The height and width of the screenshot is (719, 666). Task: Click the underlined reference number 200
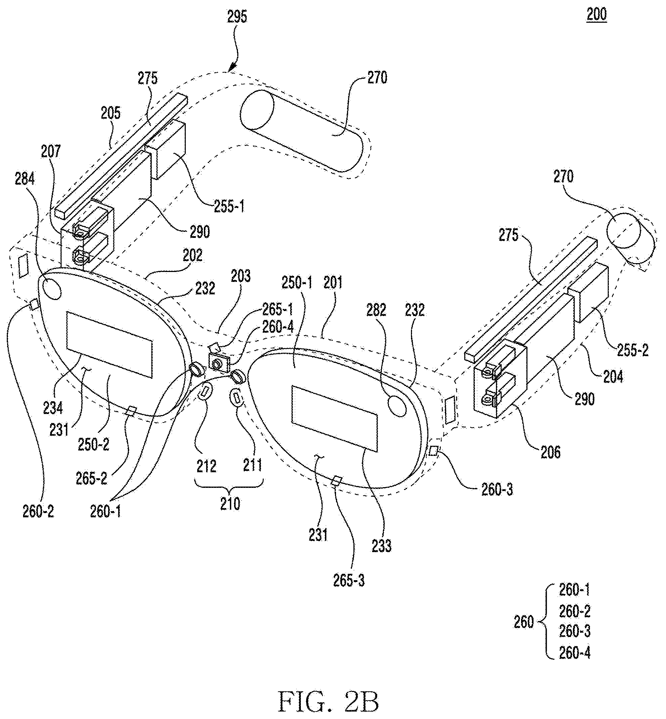[x=596, y=15]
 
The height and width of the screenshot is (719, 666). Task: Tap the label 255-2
[x=633, y=350]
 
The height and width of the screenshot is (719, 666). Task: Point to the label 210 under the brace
[x=230, y=504]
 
